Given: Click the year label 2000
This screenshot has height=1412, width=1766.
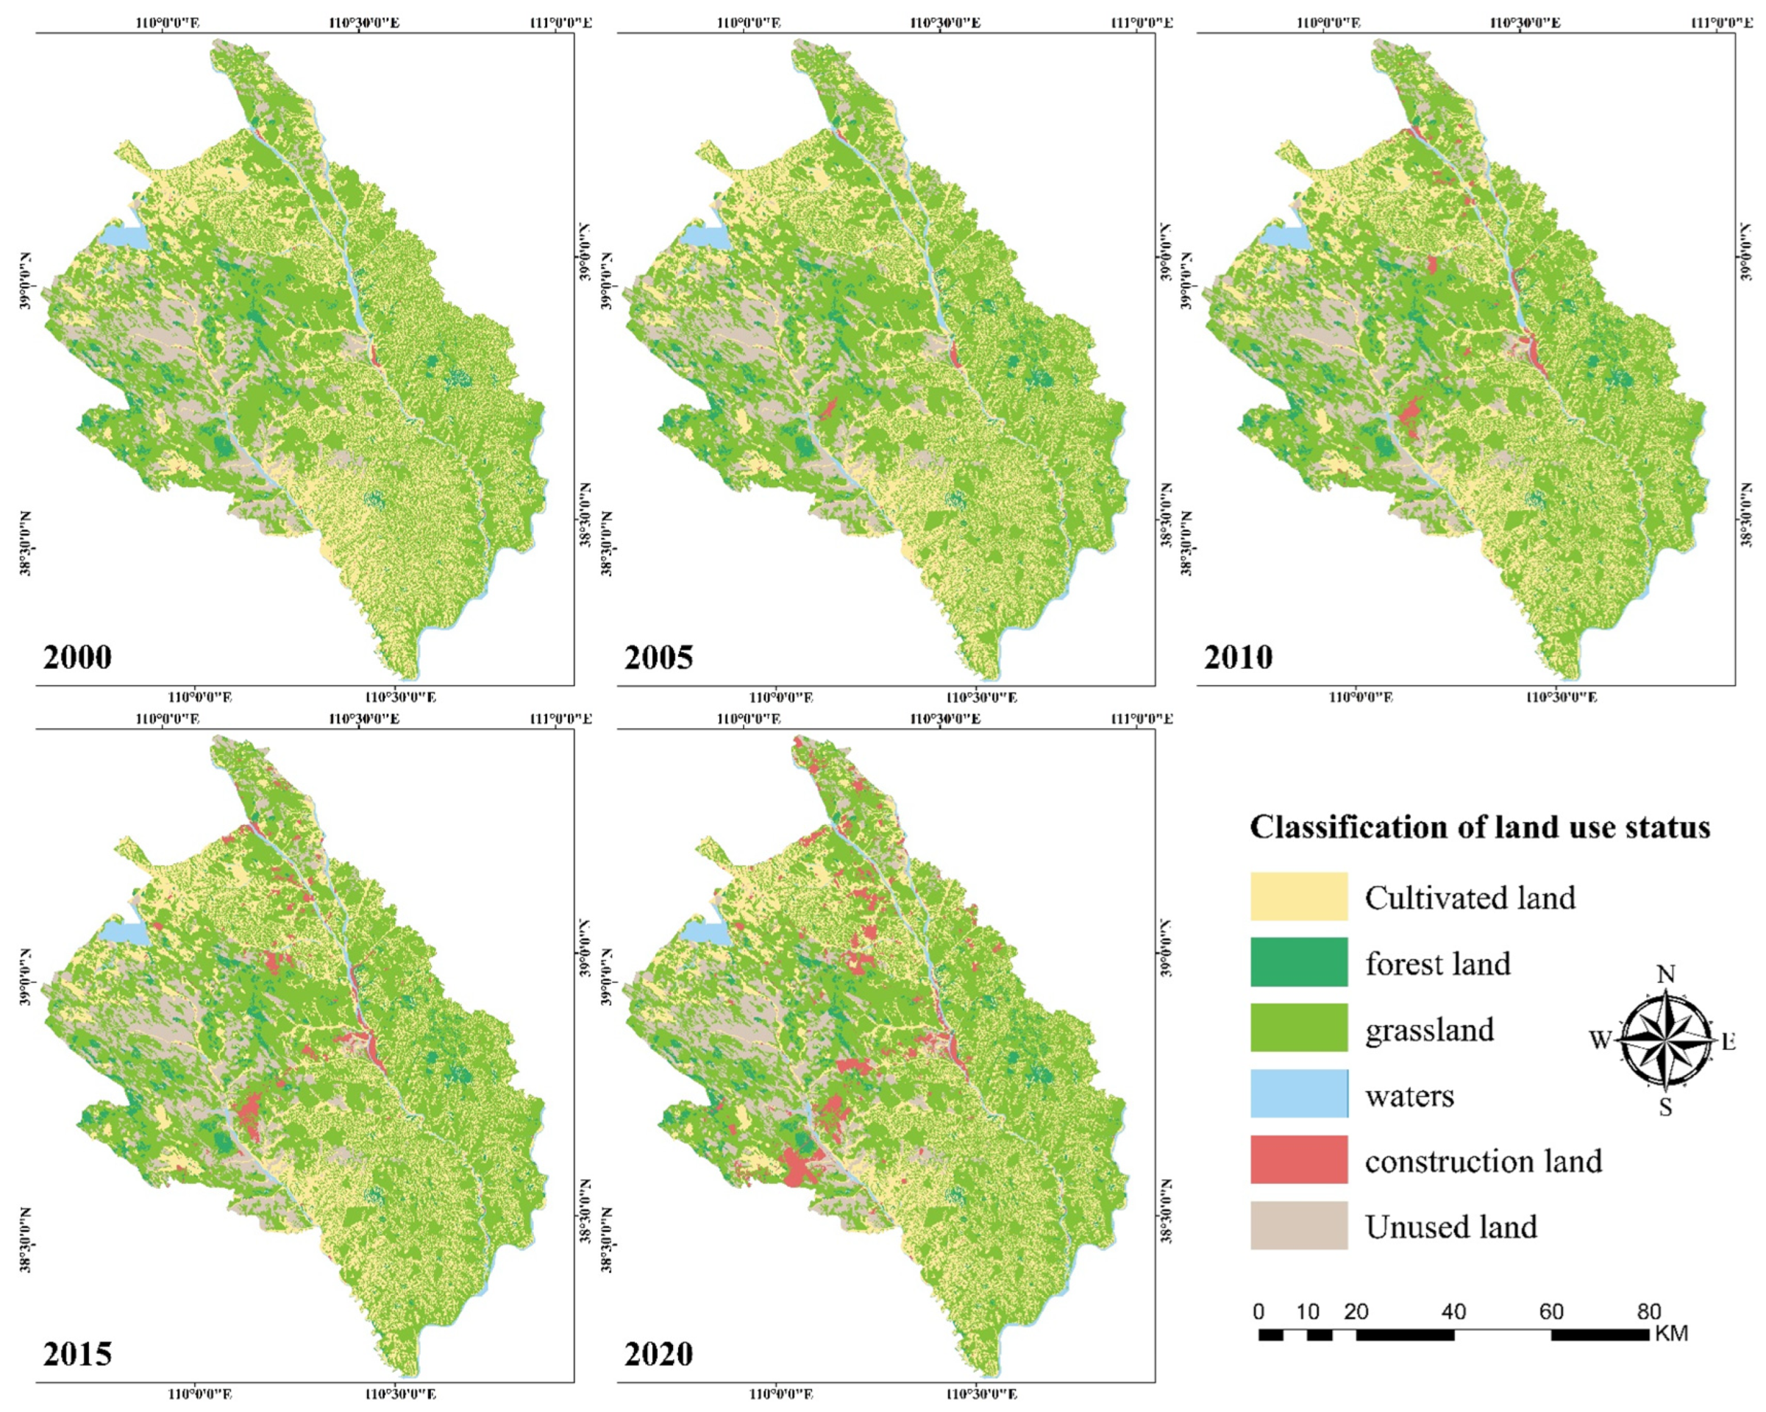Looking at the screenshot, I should tap(77, 657).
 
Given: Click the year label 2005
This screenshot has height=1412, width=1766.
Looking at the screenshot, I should tap(658, 657).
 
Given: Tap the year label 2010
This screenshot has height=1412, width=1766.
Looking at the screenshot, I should tap(1238, 657).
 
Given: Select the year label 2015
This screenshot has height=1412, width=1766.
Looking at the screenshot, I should tap(77, 1354).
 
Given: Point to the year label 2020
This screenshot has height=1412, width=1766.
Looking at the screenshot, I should tap(658, 1354).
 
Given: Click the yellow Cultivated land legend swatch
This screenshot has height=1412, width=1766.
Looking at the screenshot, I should tap(1298, 896).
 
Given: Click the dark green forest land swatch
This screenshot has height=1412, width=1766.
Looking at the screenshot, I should tap(1298, 962).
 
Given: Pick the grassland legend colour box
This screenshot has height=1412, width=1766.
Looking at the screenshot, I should tap(1298, 1028).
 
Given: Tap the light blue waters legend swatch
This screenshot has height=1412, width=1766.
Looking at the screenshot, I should tap(1298, 1093).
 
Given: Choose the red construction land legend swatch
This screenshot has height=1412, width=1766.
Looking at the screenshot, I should tap(1298, 1160).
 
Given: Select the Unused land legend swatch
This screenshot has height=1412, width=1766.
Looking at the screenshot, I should tap(1298, 1225).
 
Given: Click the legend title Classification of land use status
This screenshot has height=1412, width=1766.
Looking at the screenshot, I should tap(1479, 827).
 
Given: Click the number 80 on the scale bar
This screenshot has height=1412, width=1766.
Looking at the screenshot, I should tap(1649, 1312).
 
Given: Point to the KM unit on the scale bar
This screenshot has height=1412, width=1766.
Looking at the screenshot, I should tap(1671, 1334).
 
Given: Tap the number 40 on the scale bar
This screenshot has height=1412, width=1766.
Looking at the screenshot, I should tap(1453, 1312).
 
